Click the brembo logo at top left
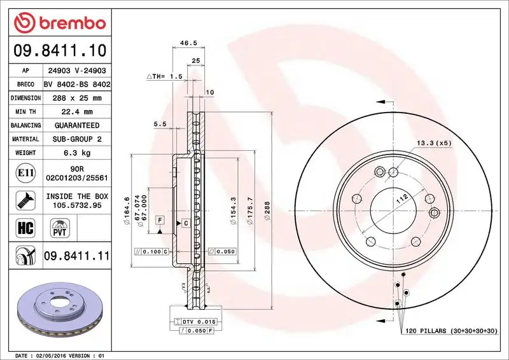tap(59, 24)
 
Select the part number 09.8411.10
tap(59, 48)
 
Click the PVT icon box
tap(60, 227)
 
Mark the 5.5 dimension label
tap(160, 124)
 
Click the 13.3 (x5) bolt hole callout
tap(434, 142)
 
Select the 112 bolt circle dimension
tap(401, 198)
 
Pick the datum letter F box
tap(160, 219)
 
